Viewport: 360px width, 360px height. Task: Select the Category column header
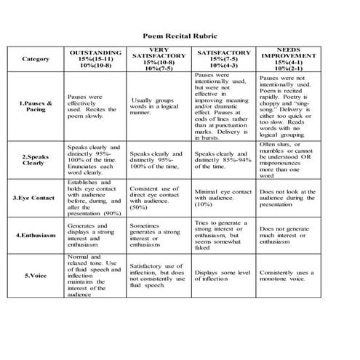point(36,58)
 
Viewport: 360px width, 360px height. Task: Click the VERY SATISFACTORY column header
point(158,59)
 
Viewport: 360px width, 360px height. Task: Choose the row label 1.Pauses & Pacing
point(36,107)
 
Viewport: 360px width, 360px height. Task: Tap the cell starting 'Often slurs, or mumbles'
point(288,159)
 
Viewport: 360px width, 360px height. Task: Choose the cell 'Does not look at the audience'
point(289,197)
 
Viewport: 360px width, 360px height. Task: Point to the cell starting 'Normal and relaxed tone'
point(95,276)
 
